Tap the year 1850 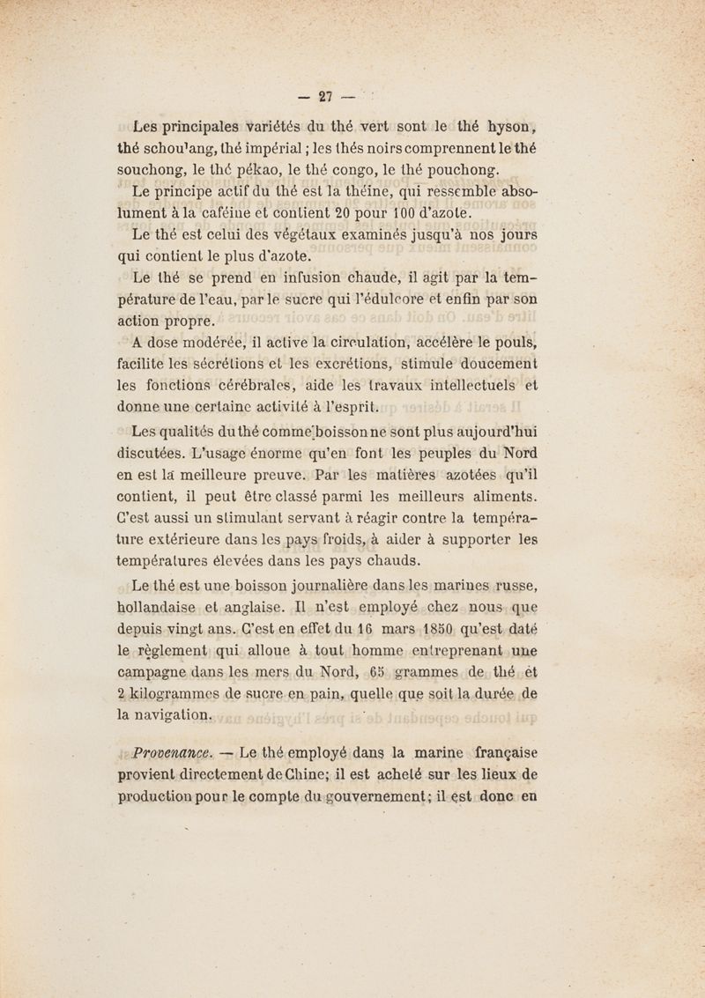(x=436, y=631)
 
